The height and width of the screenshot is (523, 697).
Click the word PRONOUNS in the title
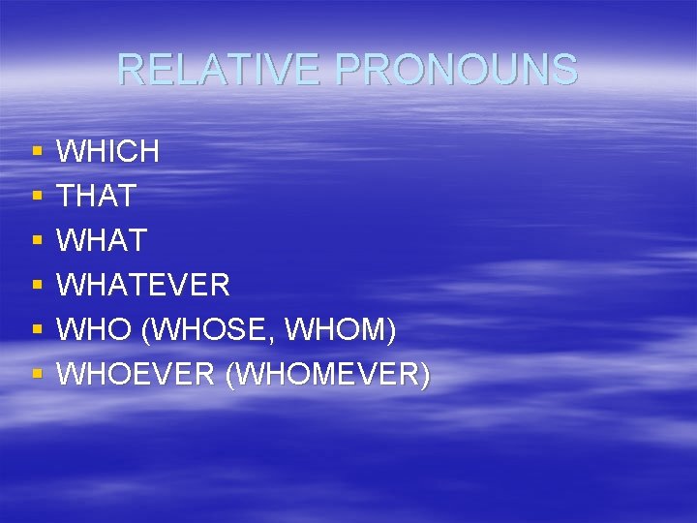click(x=456, y=70)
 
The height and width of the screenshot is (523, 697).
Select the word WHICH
click(x=108, y=151)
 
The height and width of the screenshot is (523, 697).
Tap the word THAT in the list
click(x=97, y=196)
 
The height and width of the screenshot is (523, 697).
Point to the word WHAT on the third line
click(x=102, y=240)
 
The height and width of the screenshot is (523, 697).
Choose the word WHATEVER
click(x=143, y=285)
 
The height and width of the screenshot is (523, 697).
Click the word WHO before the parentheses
click(x=94, y=329)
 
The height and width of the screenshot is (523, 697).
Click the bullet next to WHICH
click(x=37, y=152)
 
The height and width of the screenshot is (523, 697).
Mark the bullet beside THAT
click(x=37, y=197)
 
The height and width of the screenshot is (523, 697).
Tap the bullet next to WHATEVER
click(x=37, y=286)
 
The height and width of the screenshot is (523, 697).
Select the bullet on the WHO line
click(x=37, y=330)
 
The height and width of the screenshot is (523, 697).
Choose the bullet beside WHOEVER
click(x=37, y=375)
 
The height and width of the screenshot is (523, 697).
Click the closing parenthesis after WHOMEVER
click(x=425, y=375)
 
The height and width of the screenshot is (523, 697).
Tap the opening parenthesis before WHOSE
click(x=145, y=330)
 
